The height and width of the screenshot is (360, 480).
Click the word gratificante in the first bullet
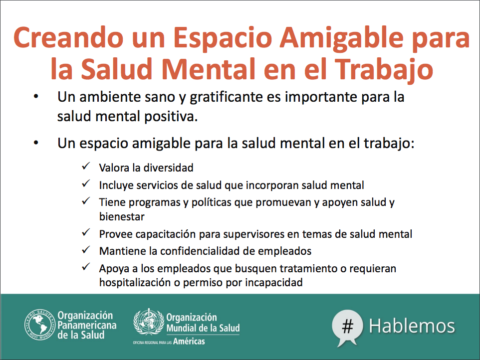click(226, 97)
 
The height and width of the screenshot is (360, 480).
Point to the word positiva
click(171, 117)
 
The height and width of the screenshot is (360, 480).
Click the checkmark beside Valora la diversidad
click(86, 166)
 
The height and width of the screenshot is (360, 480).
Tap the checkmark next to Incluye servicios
click(86, 183)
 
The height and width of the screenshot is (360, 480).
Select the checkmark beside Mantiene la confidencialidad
click(86, 250)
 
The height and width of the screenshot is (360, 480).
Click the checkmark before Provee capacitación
click(86, 232)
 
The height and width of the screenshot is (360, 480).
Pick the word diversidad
click(168, 168)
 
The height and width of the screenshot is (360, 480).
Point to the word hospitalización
click(135, 282)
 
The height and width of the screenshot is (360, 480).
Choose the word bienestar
click(122, 216)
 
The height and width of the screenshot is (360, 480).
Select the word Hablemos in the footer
click(412, 326)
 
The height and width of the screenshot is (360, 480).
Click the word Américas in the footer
click(189, 341)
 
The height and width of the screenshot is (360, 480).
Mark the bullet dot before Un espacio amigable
click(36, 143)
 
